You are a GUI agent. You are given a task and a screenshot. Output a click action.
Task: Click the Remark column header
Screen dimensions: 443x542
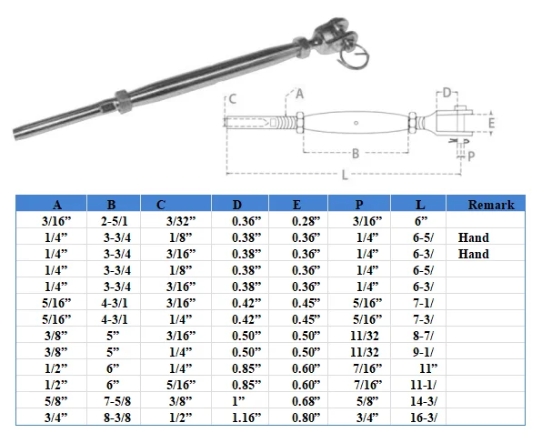(491, 205)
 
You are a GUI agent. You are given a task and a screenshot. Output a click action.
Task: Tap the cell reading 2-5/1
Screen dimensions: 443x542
(112, 221)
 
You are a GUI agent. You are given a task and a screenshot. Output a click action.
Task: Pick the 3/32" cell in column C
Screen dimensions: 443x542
(177, 221)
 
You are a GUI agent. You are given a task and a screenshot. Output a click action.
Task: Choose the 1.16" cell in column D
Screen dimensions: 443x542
(243, 418)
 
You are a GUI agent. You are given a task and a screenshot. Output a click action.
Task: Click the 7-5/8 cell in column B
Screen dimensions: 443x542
(112, 401)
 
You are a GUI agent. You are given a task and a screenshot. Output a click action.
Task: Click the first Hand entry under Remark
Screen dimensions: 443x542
(474, 237)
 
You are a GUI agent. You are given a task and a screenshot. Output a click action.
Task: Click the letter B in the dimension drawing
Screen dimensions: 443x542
(354, 154)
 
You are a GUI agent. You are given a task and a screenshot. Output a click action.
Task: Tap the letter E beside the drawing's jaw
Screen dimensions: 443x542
(491, 122)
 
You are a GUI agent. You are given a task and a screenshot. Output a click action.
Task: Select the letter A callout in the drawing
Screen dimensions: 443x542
(300, 93)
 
